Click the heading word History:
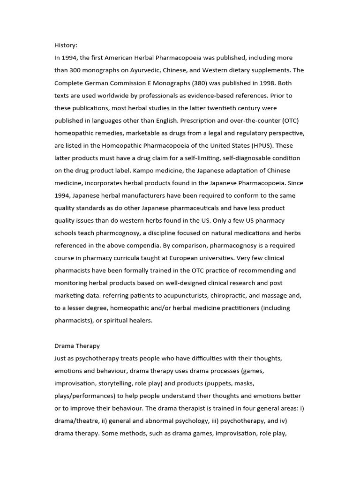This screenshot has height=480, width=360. click(x=66, y=45)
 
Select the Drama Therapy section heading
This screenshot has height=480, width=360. click(x=77, y=346)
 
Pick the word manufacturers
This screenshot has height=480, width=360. click(x=151, y=195)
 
